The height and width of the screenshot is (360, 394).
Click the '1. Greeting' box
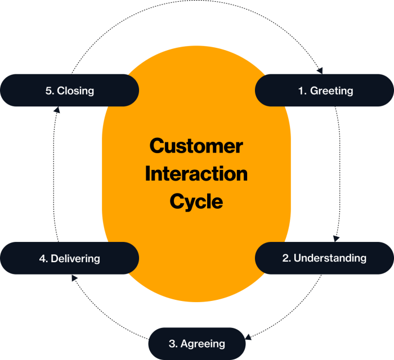point(324,90)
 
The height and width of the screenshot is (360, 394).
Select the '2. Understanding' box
point(324,258)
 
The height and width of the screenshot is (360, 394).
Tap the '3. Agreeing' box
point(197,343)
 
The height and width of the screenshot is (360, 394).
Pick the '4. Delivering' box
point(69,259)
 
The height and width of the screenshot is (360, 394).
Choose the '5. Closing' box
point(69,90)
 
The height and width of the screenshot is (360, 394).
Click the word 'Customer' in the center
point(196,146)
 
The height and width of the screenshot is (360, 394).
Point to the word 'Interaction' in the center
point(196,174)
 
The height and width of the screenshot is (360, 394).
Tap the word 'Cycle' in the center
point(196,201)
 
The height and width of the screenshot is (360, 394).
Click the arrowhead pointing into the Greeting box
point(320,71)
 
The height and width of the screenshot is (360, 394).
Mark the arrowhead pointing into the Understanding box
point(336,238)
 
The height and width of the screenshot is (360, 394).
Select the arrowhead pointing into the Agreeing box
point(249,337)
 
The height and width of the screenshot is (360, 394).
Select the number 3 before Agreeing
point(172,344)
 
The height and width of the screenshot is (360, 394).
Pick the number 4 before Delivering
point(42,259)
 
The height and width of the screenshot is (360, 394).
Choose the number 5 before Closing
point(48,91)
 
